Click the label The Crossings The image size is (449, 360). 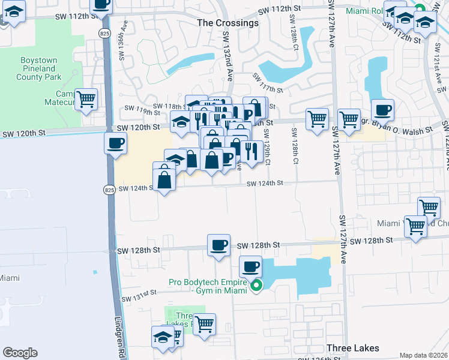(x=228, y=23)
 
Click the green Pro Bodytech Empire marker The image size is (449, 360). (x=256, y=286)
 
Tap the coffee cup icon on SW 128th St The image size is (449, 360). (x=218, y=245)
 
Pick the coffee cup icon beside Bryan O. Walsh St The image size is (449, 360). (x=382, y=110)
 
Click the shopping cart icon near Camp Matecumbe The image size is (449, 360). (x=86, y=99)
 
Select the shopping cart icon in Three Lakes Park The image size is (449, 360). (x=205, y=324)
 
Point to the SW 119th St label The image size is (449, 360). (x=135, y=110)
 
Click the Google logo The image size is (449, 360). (x=20, y=353)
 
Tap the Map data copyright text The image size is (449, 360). (x=423, y=355)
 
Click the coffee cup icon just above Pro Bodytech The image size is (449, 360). (x=250, y=266)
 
